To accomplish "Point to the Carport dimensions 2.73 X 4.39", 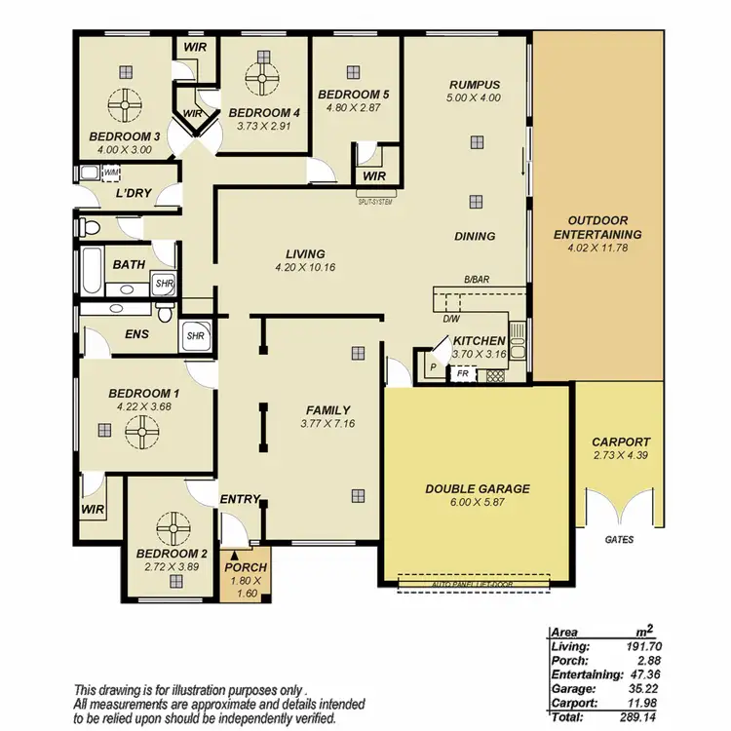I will click(x=621, y=456).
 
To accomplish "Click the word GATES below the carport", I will click(x=620, y=538).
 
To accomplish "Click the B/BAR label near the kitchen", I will click(x=476, y=280).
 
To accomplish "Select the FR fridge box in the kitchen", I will click(x=462, y=372).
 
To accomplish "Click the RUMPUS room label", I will click(x=475, y=85).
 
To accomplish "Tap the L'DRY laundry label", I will click(x=133, y=193).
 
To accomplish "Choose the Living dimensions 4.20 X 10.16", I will click(x=305, y=266).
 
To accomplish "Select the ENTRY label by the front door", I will click(x=239, y=499).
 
